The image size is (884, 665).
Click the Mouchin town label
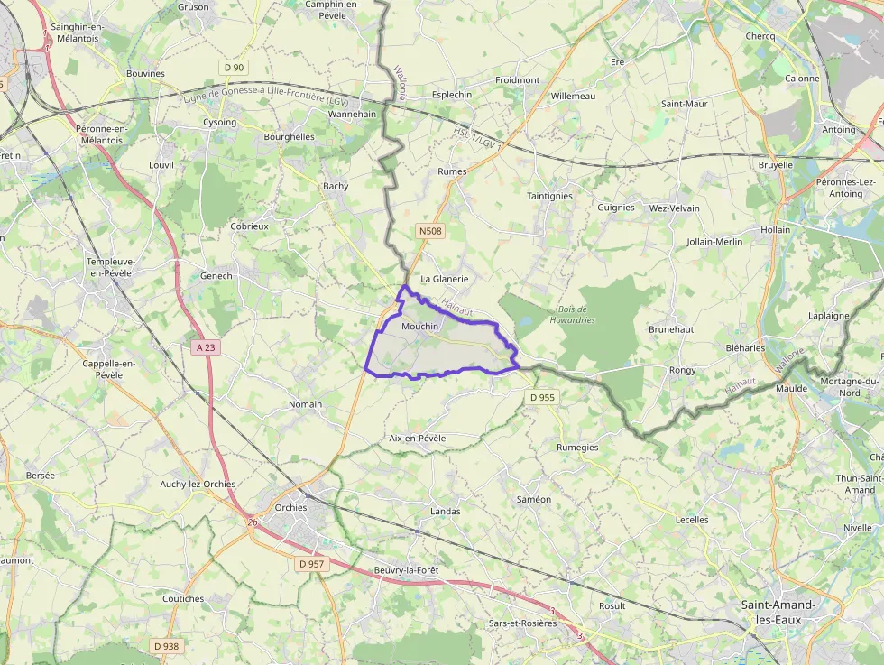pos(419,326)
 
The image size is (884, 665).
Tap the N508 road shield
pos(430,232)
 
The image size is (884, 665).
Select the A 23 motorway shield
pos(207,346)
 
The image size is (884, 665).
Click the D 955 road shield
pos(542,397)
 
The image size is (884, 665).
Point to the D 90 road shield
pos(234,68)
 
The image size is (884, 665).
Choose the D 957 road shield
pos(310,564)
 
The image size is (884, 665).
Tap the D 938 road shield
pos(166,646)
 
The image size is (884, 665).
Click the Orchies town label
pos(290,507)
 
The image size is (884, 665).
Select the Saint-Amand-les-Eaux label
pos(778,612)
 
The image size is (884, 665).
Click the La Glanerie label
pos(445,279)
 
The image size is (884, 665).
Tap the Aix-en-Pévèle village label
pos(417,438)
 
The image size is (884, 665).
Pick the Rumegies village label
pos(577,447)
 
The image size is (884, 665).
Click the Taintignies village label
pos(549,196)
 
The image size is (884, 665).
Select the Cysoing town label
pos(219,122)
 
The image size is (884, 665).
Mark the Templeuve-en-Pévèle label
pos(109,267)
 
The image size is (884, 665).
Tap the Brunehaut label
pos(671,329)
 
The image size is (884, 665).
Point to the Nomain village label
pos(305,404)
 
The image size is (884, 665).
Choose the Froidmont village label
pos(517,80)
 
